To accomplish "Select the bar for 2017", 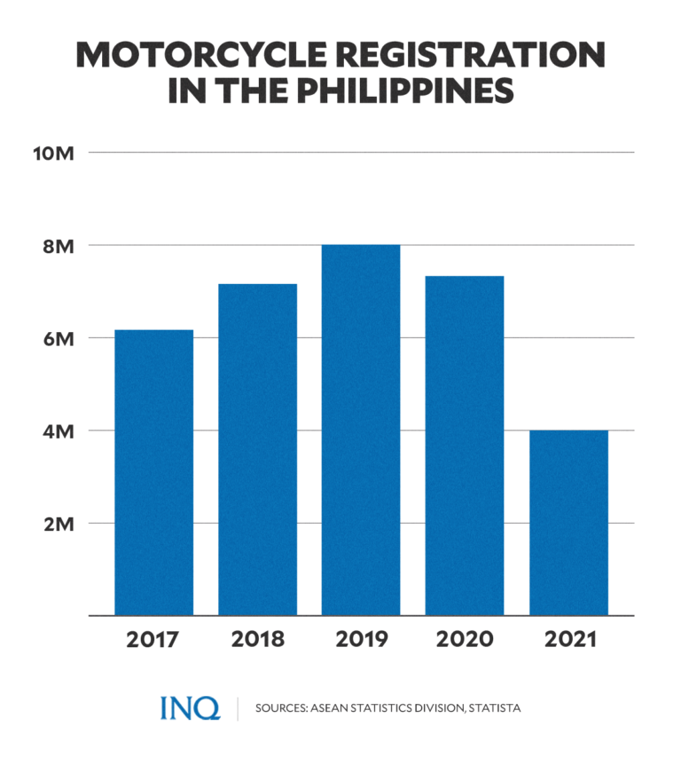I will pos(154,472).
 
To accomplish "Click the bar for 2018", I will pos(258,449).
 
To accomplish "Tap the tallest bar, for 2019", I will pos(361,430).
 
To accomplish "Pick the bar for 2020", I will pos(465,446).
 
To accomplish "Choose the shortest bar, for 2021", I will pos(568,523).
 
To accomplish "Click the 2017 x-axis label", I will pos(154,640).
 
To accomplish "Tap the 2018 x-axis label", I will pos(258,640).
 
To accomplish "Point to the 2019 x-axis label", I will pos(361,640).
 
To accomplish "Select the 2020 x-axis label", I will pos(465,640).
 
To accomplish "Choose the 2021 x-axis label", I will pos(568,640).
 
